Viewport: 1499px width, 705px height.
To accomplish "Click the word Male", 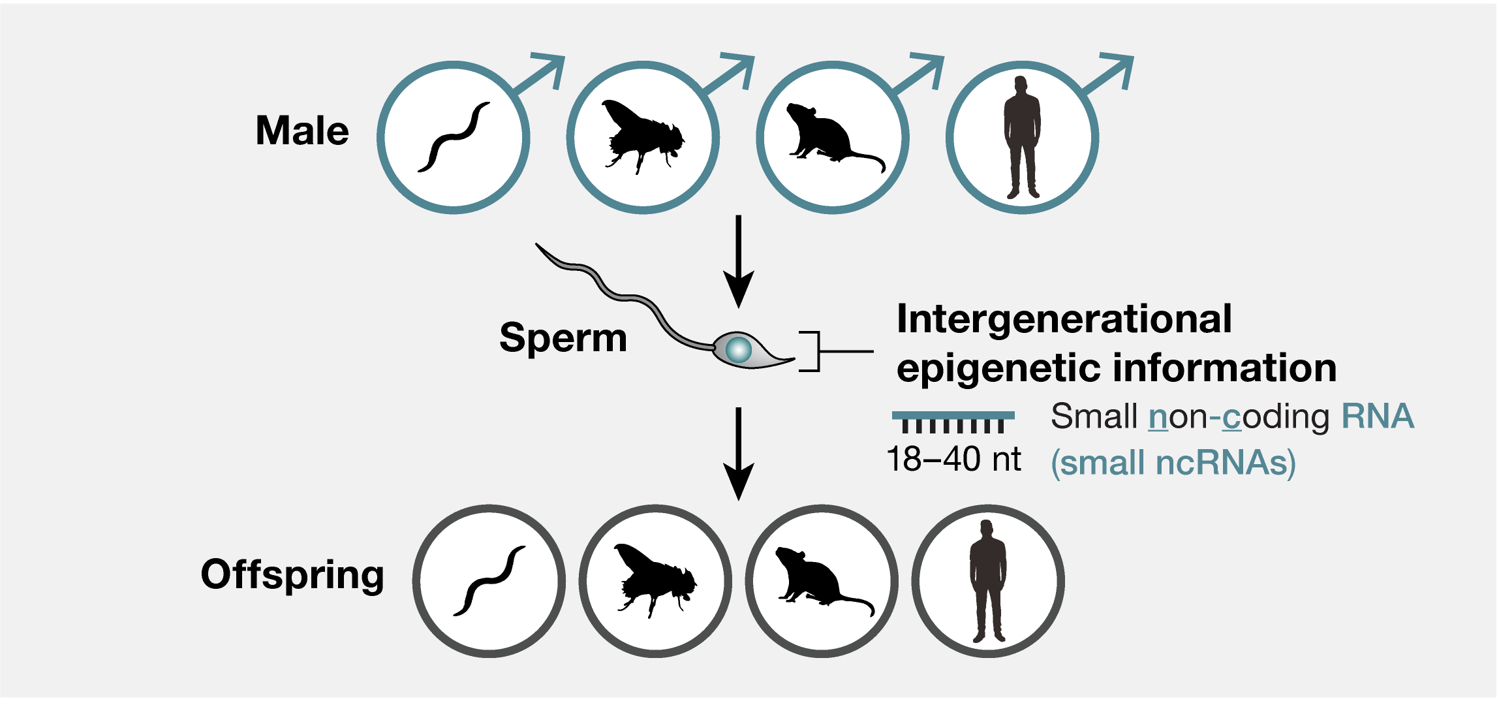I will pyautogui.click(x=302, y=131).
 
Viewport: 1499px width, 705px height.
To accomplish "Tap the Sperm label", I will pyautogui.click(x=563, y=338).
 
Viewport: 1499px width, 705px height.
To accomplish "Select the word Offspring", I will pyautogui.click(x=292, y=575).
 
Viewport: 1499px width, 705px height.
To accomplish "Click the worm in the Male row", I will pyautogui.click(x=453, y=138).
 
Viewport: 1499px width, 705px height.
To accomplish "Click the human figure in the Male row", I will pyautogui.click(x=1022, y=138).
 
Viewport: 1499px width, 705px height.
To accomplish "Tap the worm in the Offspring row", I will pyautogui.click(x=489, y=581).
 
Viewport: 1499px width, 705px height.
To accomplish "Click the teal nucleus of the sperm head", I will pyautogui.click(x=739, y=349).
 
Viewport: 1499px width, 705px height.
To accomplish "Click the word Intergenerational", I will pyautogui.click(x=1064, y=320).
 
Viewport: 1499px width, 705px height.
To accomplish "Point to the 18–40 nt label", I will pyautogui.click(x=953, y=460).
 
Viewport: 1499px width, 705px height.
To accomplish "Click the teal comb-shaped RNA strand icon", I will pyautogui.click(x=953, y=421).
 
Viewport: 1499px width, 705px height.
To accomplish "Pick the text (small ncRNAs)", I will pyautogui.click(x=1173, y=463).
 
